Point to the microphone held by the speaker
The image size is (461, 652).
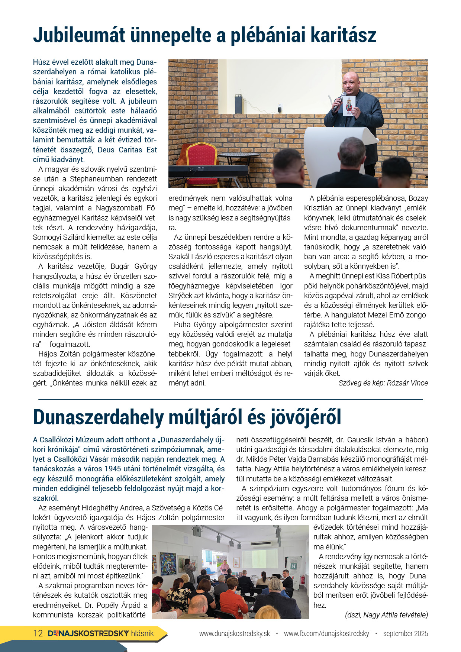click(339, 102)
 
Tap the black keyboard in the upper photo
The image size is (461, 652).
click(208, 171)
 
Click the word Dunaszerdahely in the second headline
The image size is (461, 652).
click(98, 417)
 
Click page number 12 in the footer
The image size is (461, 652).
click(38, 633)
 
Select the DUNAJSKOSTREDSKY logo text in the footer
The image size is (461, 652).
click(88, 633)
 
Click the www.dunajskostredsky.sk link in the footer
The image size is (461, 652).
click(235, 633)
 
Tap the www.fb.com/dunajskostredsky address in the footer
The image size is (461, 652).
click(326, 633)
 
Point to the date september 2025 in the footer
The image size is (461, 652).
click(406, 633)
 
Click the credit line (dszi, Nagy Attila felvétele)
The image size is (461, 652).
click(387, 615)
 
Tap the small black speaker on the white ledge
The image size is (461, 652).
click(239, 104)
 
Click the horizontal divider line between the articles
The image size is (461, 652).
click(230, 400)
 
